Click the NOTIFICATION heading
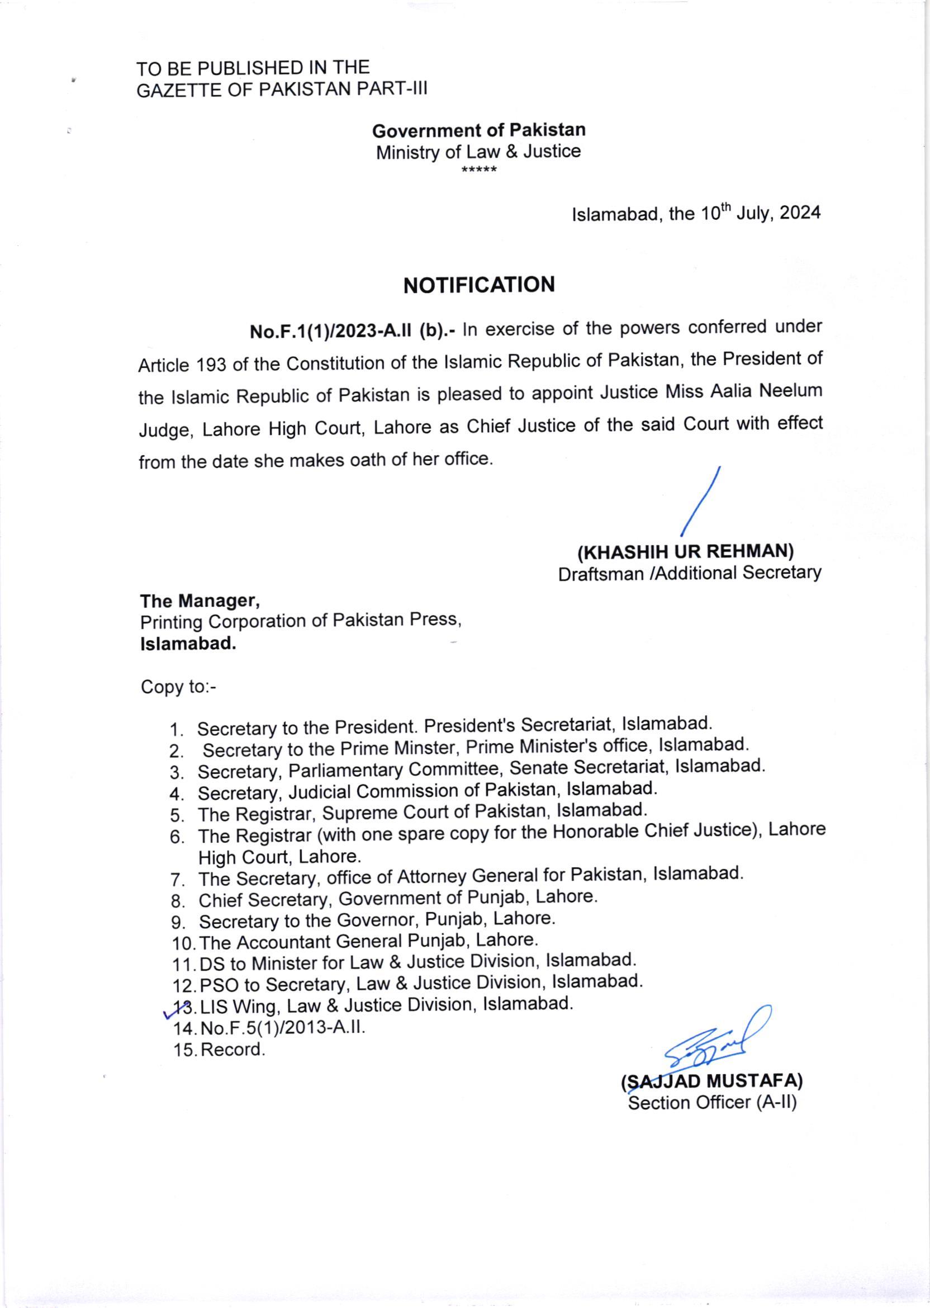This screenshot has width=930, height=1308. coord(479,285)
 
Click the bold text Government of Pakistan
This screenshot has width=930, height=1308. coord(479,131)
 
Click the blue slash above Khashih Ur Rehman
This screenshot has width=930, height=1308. coord(701,502)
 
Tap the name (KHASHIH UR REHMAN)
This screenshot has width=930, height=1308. coord(685,552)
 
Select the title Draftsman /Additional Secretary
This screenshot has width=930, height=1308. coord(690,573)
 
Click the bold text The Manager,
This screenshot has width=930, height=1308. coord(200,601)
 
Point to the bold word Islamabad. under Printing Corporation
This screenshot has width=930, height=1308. coord(188,644)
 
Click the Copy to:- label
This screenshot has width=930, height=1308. coord(178,686)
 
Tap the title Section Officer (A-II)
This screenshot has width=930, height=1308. coord(713,1103)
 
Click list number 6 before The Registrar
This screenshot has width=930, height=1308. coord(177,837)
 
